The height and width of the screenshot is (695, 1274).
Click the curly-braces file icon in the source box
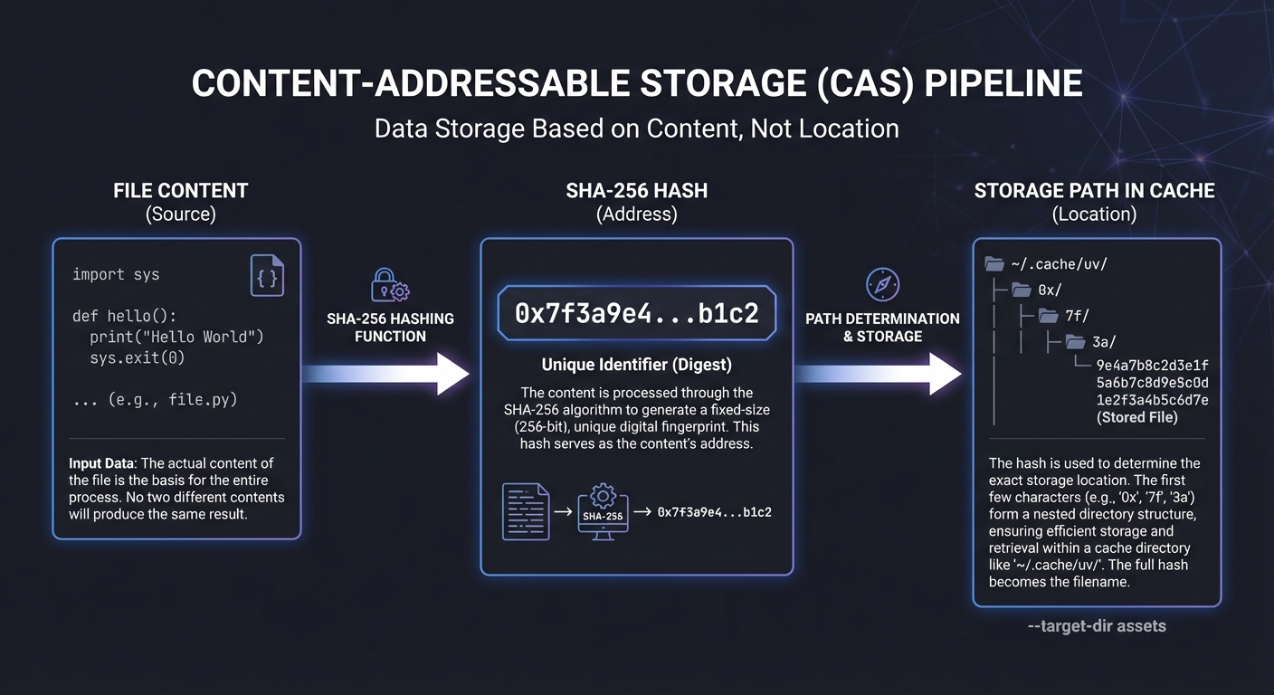click(x=267, y=276)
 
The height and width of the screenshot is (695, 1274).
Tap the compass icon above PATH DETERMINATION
click(x=881, y=284)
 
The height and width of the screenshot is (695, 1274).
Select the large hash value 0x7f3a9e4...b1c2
click(x=636, y=313)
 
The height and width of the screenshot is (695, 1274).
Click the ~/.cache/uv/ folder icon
click(x=994, y=264)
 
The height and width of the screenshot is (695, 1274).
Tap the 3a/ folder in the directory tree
click(x=1102, y=341)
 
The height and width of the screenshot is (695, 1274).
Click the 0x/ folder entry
click(x=1049, y=290)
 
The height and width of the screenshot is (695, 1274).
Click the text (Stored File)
click(x=1136, y=417)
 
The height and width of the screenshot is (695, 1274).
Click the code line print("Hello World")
click(x=176, y=338)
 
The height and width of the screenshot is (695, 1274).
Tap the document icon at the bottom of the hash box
click(x=526, y=511)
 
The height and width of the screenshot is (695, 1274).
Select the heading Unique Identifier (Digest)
click(x=636, y=365)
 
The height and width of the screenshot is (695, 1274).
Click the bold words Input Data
click(x=99, y=463)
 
